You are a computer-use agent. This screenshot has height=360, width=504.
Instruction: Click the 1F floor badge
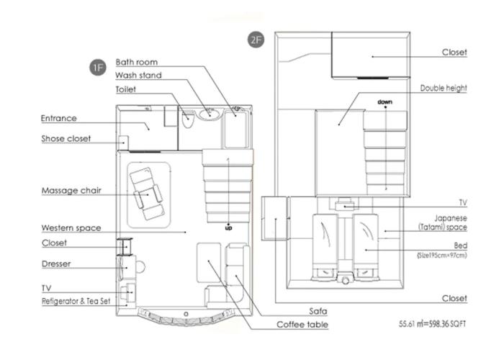click(x=98, y=68)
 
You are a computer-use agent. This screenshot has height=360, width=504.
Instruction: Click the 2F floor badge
click(x=256, y=40)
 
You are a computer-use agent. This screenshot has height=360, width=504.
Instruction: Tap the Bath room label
click(x=137, y=62)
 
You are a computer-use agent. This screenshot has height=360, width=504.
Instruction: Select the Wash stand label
click(x=138, y=75)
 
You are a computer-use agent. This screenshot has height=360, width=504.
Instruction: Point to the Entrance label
click(x=59, y=118)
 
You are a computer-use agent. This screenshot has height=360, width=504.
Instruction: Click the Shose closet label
click(x=66, y=138)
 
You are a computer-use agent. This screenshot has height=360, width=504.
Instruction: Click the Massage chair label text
click(x=71, y=191)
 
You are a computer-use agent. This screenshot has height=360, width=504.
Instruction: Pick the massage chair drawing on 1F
click(x=147, y=194)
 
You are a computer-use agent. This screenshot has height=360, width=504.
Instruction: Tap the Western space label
click(x=71, y=228)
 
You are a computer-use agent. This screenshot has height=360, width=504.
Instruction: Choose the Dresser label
click(x=56, y=264)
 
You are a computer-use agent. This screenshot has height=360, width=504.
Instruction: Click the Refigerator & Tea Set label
click(x=76, y=301)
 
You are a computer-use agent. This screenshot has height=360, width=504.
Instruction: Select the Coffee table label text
click(x=302, y=325)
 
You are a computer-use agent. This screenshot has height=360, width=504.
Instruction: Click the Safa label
click(x=318, y=311)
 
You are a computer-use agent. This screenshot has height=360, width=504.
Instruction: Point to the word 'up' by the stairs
click(x=228, y=228)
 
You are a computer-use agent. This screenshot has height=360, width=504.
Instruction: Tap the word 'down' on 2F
click(x=384, y=102)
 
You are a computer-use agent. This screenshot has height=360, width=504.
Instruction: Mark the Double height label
click(x=444, y=88)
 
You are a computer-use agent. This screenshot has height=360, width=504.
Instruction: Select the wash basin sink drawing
click(x=210, y=114)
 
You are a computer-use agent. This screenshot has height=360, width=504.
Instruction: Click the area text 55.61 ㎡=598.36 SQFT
click(x=432, y=324)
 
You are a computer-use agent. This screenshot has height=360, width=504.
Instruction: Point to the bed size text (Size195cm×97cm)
click(x=441, y=256)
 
